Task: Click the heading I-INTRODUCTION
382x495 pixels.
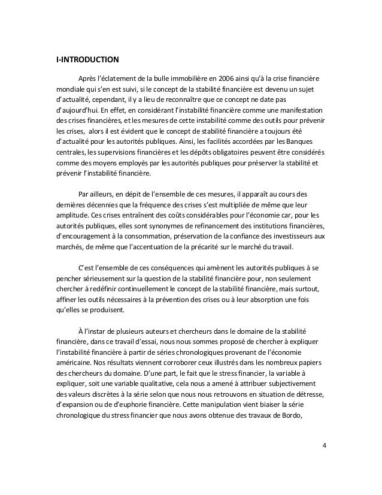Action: [x=87, y=59]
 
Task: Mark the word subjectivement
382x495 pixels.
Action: [x=293, y=383]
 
